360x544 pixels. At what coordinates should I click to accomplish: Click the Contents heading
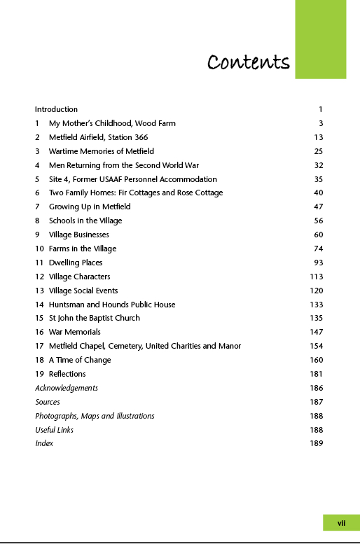(249, 62)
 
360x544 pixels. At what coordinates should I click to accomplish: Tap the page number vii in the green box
(341, 522)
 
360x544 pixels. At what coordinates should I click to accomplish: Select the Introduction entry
(56, 109)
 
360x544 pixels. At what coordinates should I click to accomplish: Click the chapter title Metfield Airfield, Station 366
(98, 137)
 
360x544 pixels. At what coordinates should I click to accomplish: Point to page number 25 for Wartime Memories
(318, 151)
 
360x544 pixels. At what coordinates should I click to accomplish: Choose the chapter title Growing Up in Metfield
(90, 207)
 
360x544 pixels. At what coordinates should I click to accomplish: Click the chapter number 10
(39, 249)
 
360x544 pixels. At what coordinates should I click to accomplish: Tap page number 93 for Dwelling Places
(318, 263)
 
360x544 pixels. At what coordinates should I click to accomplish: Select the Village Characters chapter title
(79, 277)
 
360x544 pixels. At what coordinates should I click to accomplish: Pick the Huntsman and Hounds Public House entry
(112, 305)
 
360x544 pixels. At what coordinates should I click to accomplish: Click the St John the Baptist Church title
(94, 318)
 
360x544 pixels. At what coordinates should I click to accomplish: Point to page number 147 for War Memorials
(316, 332)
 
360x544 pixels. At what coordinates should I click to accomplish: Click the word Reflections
(67, 374)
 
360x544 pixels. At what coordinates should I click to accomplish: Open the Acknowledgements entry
(67, 388)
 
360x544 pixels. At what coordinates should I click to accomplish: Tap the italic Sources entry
(48, 402)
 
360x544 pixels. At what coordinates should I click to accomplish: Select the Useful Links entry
(54, 430)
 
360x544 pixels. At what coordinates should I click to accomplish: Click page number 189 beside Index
(316, 443)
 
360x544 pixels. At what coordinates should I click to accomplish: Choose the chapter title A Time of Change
(80, 360)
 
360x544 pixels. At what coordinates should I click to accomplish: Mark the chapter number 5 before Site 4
(37, 179)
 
